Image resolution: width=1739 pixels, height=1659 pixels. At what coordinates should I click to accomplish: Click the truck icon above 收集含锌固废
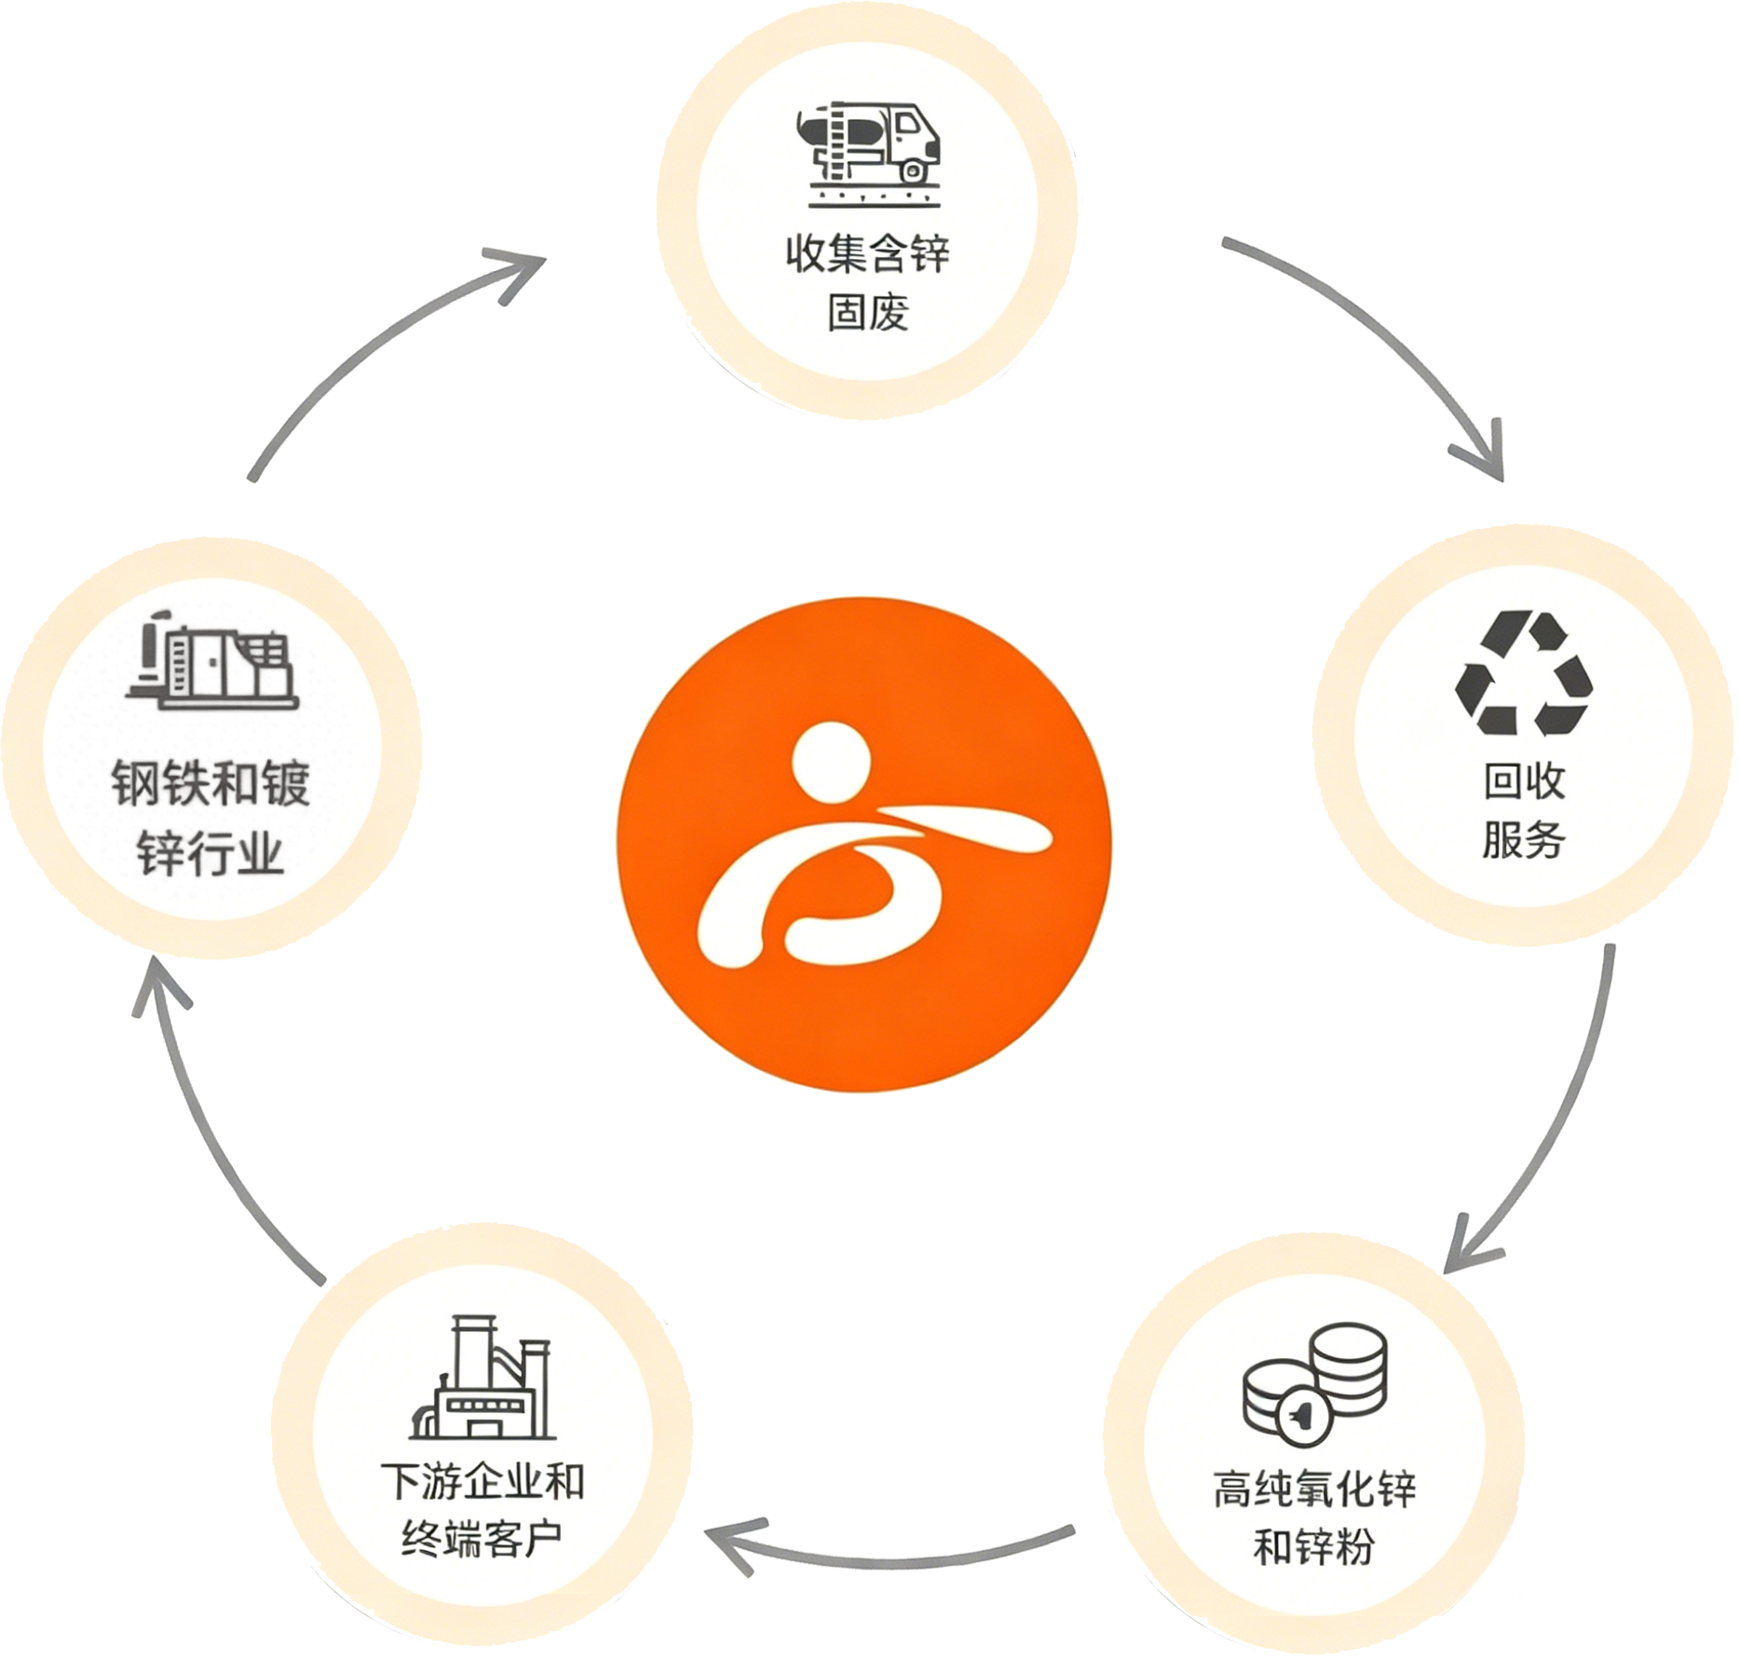tap(869, 154)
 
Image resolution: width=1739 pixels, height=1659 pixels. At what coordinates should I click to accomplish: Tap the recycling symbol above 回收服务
tap(1525, 673)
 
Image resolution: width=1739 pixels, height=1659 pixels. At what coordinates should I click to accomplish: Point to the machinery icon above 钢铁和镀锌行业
tap(212, 660)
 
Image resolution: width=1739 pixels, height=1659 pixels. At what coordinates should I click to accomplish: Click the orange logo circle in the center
tap(864, 844)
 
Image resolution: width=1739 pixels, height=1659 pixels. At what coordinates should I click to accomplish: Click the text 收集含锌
tap(868, 253)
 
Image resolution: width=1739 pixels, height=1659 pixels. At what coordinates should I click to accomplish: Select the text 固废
tap(868, 312)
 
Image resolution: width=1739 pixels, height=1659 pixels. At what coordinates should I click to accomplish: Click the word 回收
tap(1525, 781)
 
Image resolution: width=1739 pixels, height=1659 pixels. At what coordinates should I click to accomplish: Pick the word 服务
tap(1525, 839)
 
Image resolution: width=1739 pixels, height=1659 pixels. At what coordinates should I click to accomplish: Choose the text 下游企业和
tap(482, 1482)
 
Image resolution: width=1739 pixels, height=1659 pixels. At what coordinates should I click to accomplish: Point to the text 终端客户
tap(482, 1540)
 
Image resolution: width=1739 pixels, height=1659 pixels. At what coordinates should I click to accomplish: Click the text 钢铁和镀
tap(211, 782)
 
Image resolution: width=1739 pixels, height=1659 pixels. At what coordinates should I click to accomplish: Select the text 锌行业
tap(211, 852)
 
